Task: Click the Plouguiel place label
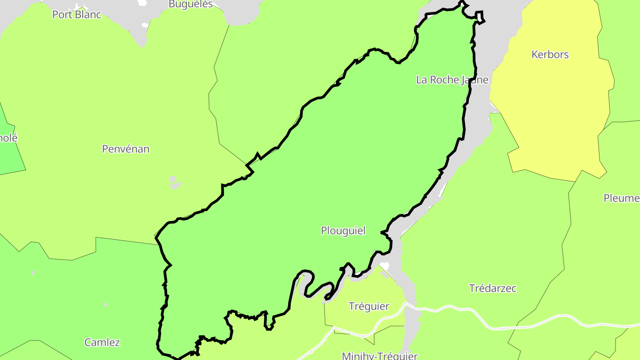343,231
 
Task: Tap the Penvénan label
126,149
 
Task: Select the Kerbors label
550,55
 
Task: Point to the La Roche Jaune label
452,80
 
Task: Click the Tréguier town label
369,306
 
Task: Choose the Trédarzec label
493,288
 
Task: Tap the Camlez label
102,342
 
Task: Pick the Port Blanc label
77,15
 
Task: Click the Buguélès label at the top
191,4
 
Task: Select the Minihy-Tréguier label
380,356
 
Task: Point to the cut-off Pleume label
621,198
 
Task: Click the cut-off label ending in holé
8,138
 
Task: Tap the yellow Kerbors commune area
551,111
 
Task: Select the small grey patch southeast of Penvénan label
175,183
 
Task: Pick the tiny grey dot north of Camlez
106,304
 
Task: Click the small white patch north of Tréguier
384,266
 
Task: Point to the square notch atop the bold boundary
480,17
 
